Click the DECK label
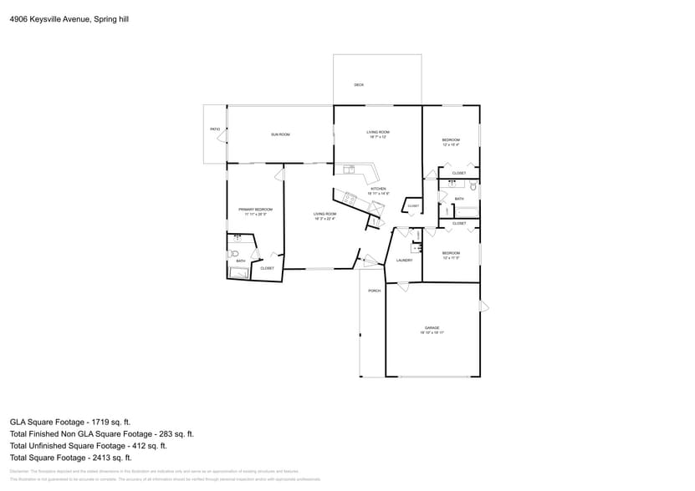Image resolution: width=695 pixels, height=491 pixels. click(x=358, y=85)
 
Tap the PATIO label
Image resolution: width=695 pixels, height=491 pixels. click(x=214, y=129)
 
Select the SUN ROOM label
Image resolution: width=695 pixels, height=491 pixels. click(x=279, y=134)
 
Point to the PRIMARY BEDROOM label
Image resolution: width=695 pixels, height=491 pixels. click(x=255, y=210)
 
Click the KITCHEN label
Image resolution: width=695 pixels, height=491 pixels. click(x=378, y=190)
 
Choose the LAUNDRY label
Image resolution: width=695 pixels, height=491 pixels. click(x=404, y=261)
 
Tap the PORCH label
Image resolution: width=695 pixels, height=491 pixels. click(x=374, y=291)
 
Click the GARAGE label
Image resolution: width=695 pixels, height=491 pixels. click(x=432, y=328)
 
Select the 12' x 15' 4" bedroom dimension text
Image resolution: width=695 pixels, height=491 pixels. click(x=451, y=144)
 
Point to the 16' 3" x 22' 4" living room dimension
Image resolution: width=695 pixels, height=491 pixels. click(x=325, y=219)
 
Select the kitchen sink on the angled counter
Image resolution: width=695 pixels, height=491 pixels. click(x=351, y=199)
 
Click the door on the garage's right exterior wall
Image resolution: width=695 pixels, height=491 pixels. click(x=483, y=306)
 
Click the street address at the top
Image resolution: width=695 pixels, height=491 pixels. click(x=69, y=17)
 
